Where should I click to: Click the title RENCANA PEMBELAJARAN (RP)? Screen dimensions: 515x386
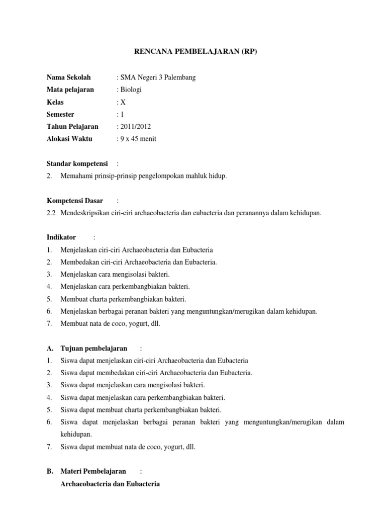coord(193,52)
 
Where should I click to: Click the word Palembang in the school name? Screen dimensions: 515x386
coord(180,77)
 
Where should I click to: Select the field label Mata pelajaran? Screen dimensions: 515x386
coord(70,90)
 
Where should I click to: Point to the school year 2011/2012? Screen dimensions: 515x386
coord(135,126)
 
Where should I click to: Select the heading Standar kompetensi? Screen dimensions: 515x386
coord(77,163)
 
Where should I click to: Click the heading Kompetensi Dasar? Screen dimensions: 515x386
coord(74,200)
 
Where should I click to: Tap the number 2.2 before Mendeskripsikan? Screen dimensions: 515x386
coord(51,213)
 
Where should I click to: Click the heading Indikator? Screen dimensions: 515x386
coord(61,237)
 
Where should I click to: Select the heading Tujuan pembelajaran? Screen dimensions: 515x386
coord(93,348)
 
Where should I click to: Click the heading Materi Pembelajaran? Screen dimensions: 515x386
coord(93,471)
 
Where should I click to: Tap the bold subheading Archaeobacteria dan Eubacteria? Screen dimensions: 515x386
coord(110,484)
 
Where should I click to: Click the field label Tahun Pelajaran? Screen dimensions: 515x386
coord(72,126)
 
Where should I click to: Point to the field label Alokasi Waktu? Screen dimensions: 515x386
coord(69,139)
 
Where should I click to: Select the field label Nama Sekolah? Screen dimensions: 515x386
coord(69,77)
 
